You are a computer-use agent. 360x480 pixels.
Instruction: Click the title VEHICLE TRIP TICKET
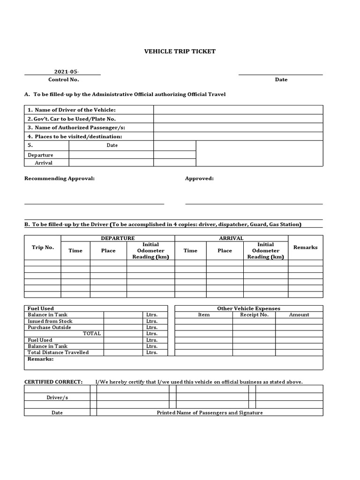(x=180, y=52)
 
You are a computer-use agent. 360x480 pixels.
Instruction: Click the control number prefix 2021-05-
(x=67, y=72)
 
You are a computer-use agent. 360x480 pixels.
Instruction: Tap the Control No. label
(x=64, y=80)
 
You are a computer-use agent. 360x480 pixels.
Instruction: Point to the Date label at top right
(x=281, y=80)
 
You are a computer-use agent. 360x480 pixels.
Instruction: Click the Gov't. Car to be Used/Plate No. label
(x=71, y=119)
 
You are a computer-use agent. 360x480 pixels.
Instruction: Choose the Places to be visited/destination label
(x=75, y=136)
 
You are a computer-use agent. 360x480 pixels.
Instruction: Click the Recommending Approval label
(x=60, y=179)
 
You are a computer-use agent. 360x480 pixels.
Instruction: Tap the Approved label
(x=199, y=179)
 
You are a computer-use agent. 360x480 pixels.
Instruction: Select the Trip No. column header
(x=43, y=247)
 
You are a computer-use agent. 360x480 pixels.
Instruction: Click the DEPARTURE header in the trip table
(x=118, y=238)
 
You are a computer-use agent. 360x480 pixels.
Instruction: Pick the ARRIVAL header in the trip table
(x=231, y=238)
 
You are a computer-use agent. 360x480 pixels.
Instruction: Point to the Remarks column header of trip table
(x=305, y=247)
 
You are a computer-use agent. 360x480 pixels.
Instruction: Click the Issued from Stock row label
(x=50, y=321)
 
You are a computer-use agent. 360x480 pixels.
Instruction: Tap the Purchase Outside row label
(x=49, y=327)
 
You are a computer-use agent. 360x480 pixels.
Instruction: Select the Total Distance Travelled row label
(x=58, y=352)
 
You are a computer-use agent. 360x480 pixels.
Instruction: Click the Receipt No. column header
(x=254, y=315)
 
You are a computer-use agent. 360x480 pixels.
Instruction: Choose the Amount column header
(x=299, y=315)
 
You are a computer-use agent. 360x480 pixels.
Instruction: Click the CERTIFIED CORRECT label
(x=53, y=382)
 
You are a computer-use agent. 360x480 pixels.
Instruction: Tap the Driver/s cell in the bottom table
(x=57, y=397)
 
